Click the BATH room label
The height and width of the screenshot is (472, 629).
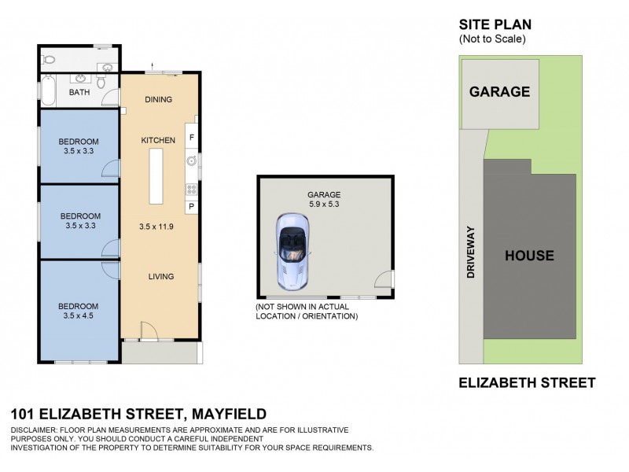pos(79,92)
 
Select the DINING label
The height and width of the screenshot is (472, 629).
pos(159,99)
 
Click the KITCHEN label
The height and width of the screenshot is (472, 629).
pos(158,140)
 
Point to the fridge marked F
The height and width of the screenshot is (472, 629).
pos(190,137)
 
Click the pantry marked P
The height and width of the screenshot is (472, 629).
pos(190,206)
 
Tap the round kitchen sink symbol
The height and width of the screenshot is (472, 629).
pos(190,161)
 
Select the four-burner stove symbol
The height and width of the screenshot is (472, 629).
pos(190,189)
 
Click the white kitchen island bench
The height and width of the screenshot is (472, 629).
pos(154,174)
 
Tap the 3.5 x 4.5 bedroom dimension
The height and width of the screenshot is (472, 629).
pos(79,316)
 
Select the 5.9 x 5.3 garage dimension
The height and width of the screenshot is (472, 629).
pos(323,205)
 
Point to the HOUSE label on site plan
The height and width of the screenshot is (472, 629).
pos(529,256)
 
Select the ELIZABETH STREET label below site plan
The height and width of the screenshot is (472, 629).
pos(527,383)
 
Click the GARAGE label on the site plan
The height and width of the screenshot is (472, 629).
pos(499,91)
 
